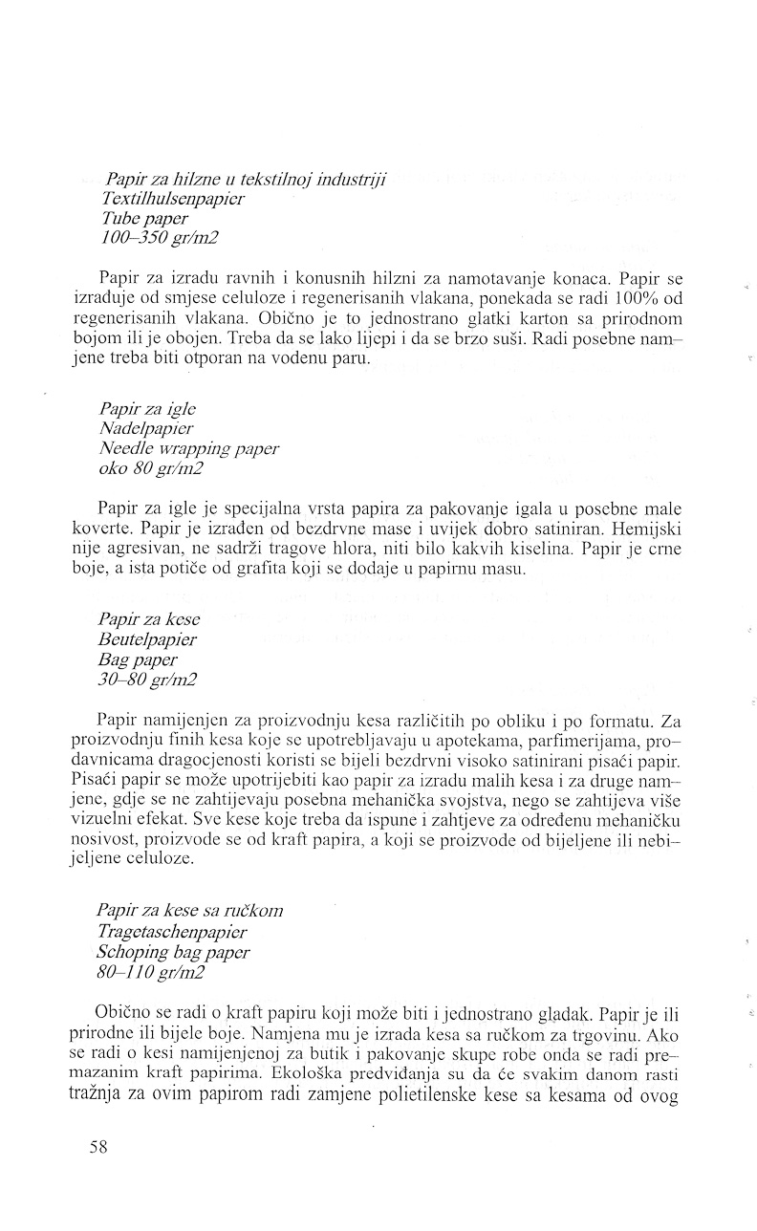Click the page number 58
pos(97,1148)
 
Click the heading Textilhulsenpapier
pos(172,199)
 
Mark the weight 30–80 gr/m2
pos(147,680)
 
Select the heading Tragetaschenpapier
pos(172,931)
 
